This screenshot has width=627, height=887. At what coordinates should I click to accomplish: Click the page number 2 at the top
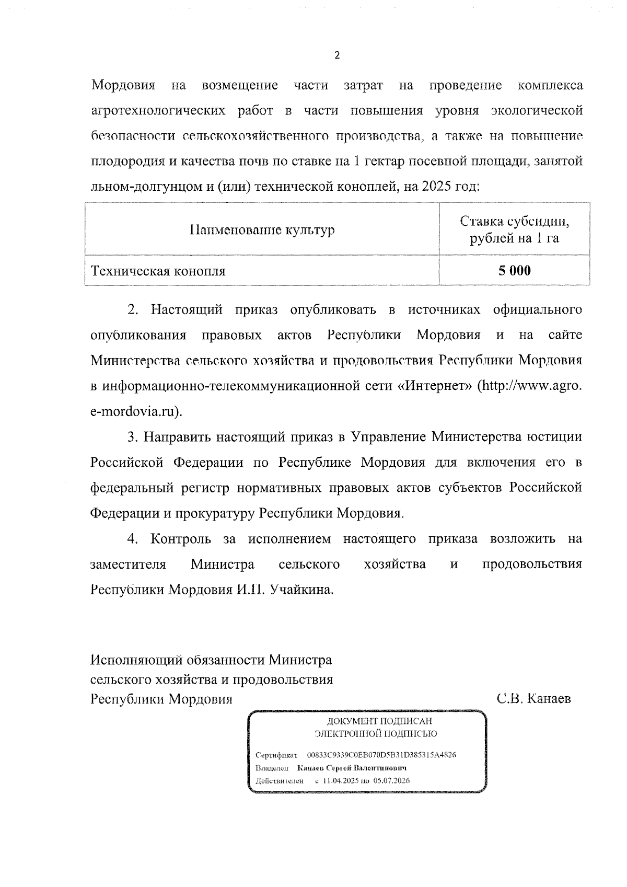coord(337,56)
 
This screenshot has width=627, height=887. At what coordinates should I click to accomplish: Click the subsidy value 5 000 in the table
coord(514,271)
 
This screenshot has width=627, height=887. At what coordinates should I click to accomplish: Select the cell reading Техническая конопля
coord(158,271)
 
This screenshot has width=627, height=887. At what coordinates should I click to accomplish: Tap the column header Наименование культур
coord(262,230)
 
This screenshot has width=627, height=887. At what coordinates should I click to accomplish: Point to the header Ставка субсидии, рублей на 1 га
coord(514,230)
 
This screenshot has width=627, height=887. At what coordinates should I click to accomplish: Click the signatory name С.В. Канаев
coord(534,699)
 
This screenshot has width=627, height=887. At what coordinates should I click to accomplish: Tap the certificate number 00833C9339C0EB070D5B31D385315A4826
coord(382,755)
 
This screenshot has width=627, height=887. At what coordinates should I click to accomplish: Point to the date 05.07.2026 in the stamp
coord(391,781)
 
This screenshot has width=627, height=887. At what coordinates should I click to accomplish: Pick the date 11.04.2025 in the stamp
coord(340,781)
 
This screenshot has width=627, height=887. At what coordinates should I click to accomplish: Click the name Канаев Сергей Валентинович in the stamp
coord(352,768)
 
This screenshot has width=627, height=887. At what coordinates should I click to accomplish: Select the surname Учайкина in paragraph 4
coord(301,590)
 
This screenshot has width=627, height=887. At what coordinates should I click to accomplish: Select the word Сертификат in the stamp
coord(276,755)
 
